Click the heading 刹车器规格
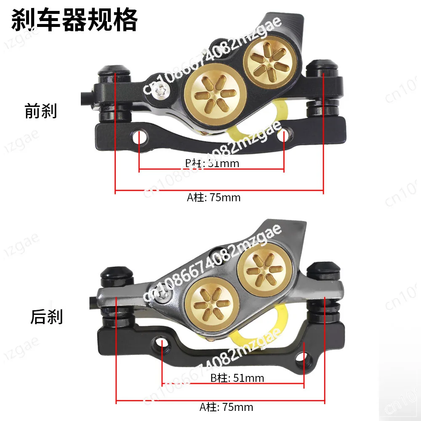[x=74, y=20]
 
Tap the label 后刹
[x=46, y=317]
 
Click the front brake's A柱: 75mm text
[x=214, y=197]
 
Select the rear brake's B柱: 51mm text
[x=237, y=378]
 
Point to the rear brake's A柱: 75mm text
[x=226, y=407]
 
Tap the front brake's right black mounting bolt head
[x=322, y=68]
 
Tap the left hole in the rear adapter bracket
[x=163, y=342]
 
